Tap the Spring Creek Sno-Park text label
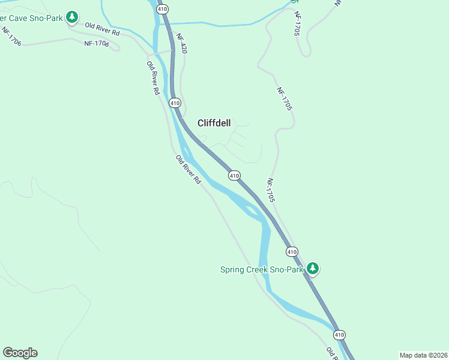[x=262, y=269]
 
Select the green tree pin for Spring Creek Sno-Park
[x=312, y=268]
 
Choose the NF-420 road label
[x=182, y=44]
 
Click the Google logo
[x=20, y=353]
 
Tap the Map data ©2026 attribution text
[x=423, y=355]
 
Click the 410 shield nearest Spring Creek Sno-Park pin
[x=291, y=251]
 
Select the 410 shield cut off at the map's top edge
[x=162, y=8]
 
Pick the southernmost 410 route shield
[x=339, y=335]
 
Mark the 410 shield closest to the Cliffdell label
[x=175, y=103]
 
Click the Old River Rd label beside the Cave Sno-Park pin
[x=102, y=29]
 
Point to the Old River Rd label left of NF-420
[x=153, y=77]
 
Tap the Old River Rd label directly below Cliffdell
[x=188, y=169]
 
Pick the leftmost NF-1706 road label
[x=11, y=37]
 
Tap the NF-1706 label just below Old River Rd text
[x=97, y=43]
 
